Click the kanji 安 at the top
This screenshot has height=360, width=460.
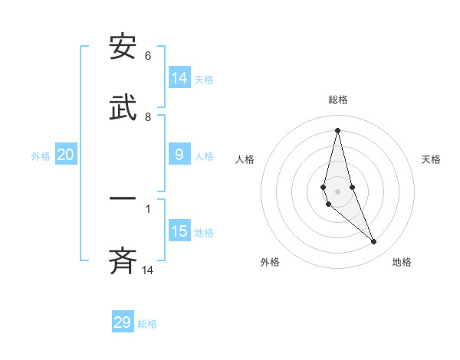pyautogui.click(x=123, y=47)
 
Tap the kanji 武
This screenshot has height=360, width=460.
pyautogui.click(x=123, y=109)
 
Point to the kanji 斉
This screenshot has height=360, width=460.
pyautogui.click(x=123, y=262)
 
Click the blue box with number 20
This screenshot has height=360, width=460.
pyautogui.click(x=66, y=155)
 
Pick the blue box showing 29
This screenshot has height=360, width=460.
pyautogui.click(x=123, y=322)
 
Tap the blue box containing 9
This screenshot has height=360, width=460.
pyautogui.click(x=179, y=155)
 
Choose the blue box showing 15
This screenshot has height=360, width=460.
pyautogui.click(x=179, y=232)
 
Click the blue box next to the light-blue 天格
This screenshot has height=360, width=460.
pyautogui.click(x=179, y=78)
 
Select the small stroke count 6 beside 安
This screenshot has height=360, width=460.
pyautogui.click(x=148, y=56)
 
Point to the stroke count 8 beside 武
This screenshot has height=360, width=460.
pyautogui.click(x=148, y=117)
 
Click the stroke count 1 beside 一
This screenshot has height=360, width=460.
pyautogui.click(x=148, y=208)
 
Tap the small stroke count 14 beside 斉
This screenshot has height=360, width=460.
pyautogui.click(x=148, y=270)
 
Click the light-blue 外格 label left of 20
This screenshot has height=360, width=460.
pyautogui.click(x=41, y=156)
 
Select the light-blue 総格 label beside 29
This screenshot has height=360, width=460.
pyautogui.click(x=147, y=324)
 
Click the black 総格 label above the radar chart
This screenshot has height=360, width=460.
pyautogui.click(x=337, y=100)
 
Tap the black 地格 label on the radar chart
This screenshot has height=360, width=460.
pyautogui.click(x=402, y=262)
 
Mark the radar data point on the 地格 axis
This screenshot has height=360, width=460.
pyautogui.click(x=374, y=242)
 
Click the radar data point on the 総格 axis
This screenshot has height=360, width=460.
pyautogui.click(x=337, y=129)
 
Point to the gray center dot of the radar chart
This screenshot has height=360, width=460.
pyautogui.click(x=337, y=191)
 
